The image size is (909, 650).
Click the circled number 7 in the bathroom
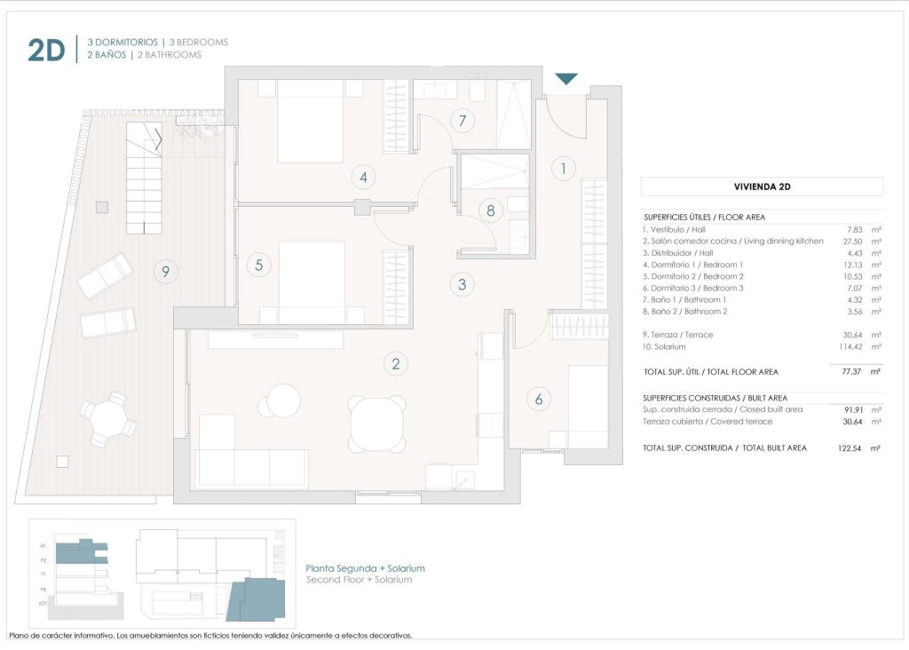[x=461, y=121]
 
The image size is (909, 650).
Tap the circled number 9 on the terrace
[x=165, y=271]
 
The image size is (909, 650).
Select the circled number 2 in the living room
[x=395, y=363]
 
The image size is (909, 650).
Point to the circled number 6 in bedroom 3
[x=538, y=400]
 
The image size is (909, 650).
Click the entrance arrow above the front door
[x=566, y=80]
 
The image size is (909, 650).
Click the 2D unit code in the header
[x=46, y=51]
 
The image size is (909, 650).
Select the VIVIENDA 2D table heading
[x=762, y=186]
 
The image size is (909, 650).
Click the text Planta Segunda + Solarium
[x=365, y=568]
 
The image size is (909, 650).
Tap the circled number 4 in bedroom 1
[x=363, y=177]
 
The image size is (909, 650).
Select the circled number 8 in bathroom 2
[x=489, y=210]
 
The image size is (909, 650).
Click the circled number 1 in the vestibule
[x=562, y=167]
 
